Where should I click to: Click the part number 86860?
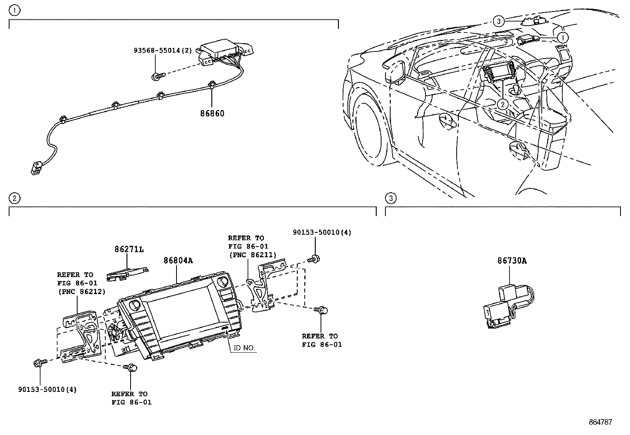pos(212,113)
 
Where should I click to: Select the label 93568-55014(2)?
pos(163,51)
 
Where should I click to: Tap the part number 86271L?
pos(129,249)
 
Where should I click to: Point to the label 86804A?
pos(178,260)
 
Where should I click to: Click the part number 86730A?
pos(512,261)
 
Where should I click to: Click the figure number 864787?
pos(600,422)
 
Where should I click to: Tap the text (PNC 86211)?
pos(253,255)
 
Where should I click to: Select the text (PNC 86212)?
pos(82,292)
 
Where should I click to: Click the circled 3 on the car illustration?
pos(498,21)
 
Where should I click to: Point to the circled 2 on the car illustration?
pos(503,104)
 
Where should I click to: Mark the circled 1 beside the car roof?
pos(563,38)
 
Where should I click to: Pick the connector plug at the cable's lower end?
pos(36,167)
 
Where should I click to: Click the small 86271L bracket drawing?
pos(127,274)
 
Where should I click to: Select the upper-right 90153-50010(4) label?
pos(322,232)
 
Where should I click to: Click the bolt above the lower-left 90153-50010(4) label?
pos(40,363)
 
